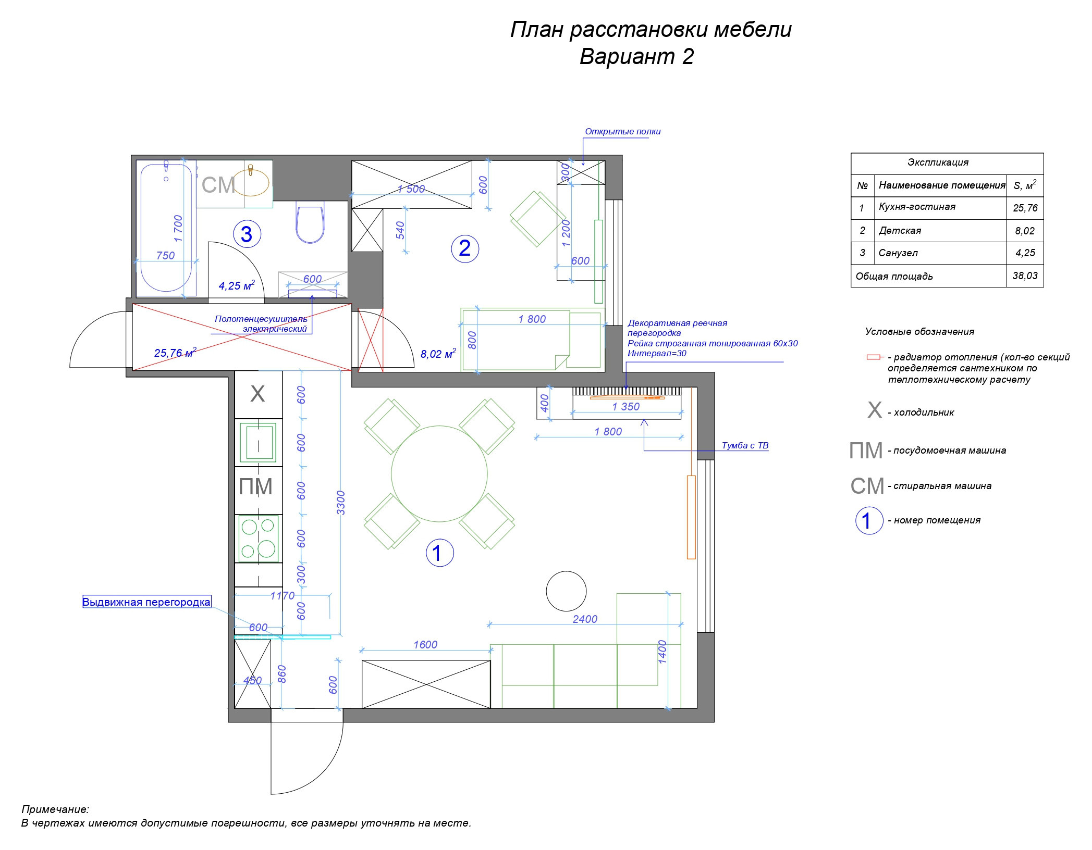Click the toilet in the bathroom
pyautogui.click(x=310, y=224)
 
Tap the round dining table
pyautogui.click(x=439, y=474)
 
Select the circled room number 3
pyautogui.click(x=247, y=234)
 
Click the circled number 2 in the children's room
pyautogui.click(x=464, y=248)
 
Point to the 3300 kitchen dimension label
pyautogui.click(x=341, y=503)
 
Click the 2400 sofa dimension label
pyautogui.click(x=585, y=619)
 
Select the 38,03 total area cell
pyautogui.click(x=1025, y=276)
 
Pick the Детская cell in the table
pyautogui.click(x=900, y=230)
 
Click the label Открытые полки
pyautogui.click(x=622, y=131)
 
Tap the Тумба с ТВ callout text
pyautogui.click(x=745, y=445)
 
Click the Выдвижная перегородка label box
pyautogui.click(x=146, y=602)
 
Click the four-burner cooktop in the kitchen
pyautogui.click(x=259, y=539)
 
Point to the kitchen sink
pyautogui.click(x=257, y=442)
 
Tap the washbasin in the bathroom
pyautogui.click(x=250, y=182)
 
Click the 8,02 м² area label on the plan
pyautogui.click(x=438, y=354)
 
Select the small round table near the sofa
pyautogui.click(x=566, y=591)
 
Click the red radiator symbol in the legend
pyautogui.click(x=873, y=357)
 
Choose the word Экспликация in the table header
pyautogui.click(x=938, y=162)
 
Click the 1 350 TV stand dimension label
pyautogui.click(x=625, y=406)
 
